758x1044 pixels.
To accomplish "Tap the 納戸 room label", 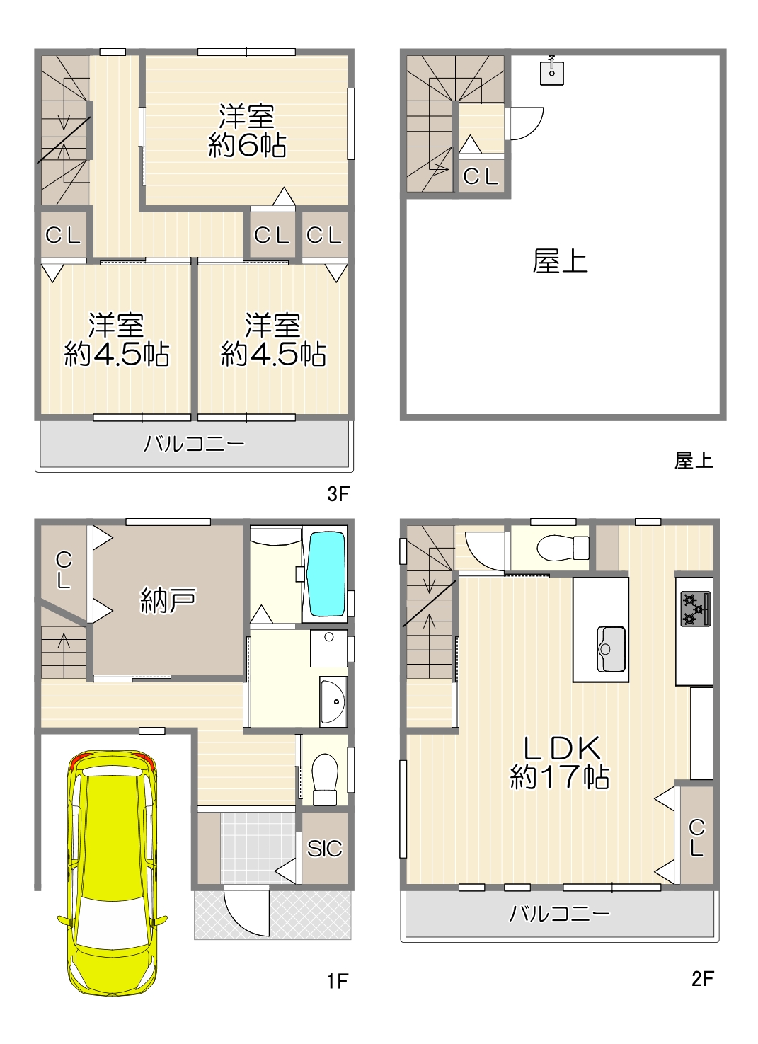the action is point(168,600).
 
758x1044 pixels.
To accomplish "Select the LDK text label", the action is point(562,748).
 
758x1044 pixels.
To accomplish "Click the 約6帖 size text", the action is point(247,145).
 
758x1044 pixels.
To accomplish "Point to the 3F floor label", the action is point(338,494).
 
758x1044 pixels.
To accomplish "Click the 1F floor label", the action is point(337,982).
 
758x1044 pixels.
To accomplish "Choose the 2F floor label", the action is point(703,979).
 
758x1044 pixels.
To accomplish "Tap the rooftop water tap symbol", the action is point(552,71).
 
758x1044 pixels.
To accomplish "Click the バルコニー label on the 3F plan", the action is point(194,443).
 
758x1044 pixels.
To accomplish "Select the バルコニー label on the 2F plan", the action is point(559,914).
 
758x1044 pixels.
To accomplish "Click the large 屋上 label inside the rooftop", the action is point(560,261).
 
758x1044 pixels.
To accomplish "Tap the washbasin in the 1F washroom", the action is point(333,701).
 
